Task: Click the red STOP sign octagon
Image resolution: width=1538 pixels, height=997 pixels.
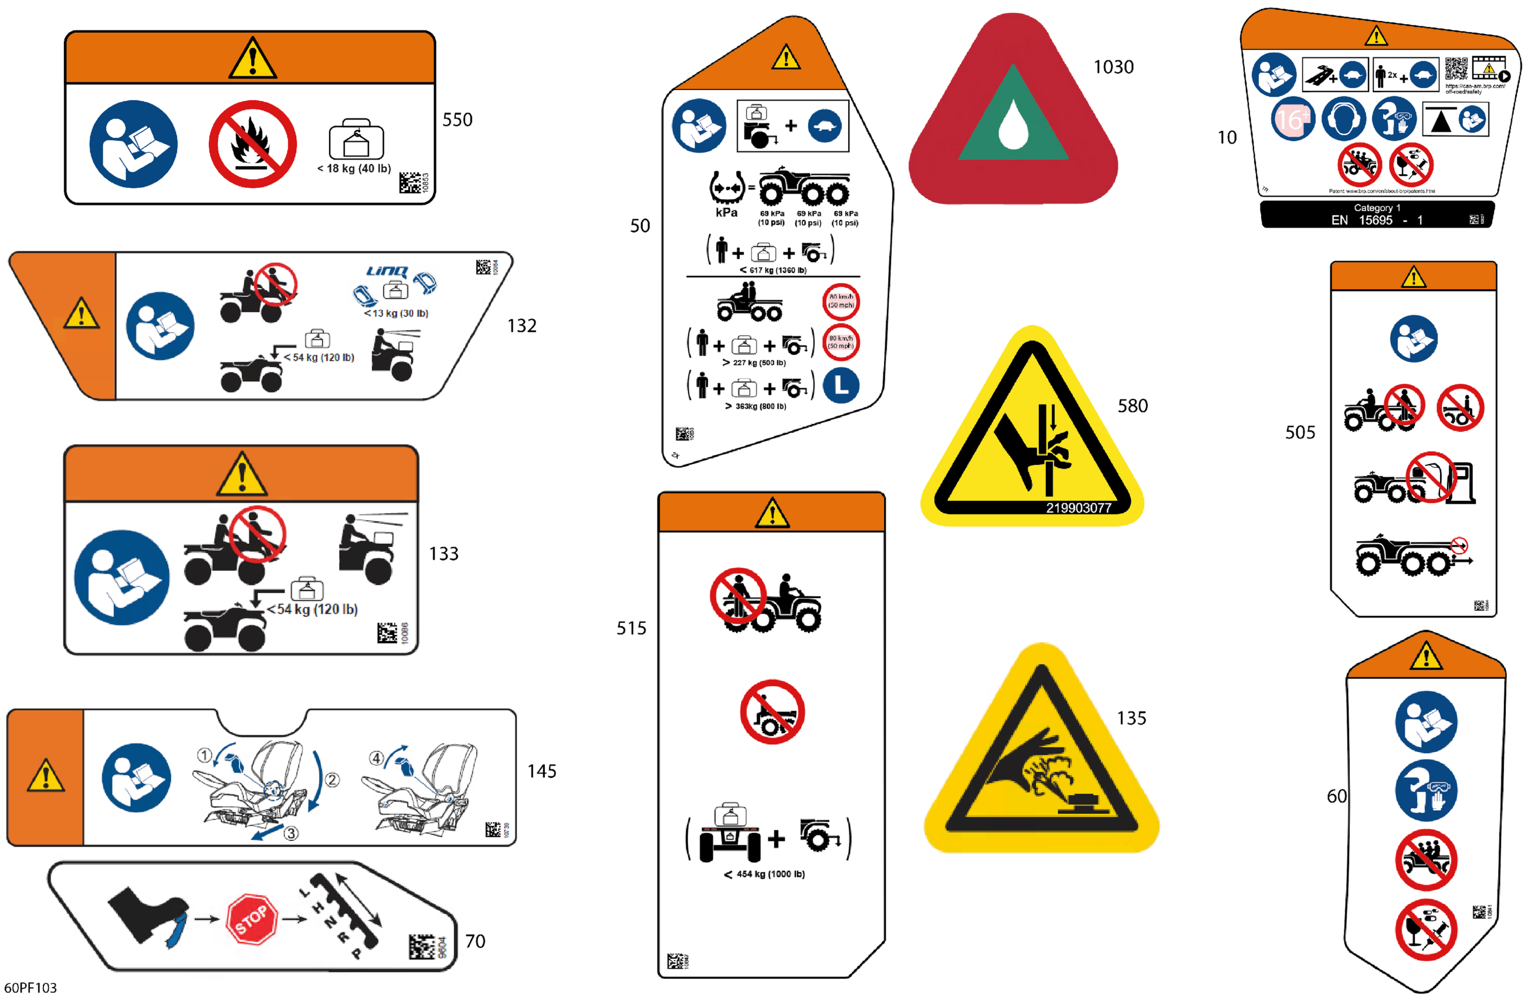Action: pyautogui.click(x=252, y=919)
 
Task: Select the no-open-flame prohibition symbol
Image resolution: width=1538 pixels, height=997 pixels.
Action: pyautogui.click(x=252, y=144)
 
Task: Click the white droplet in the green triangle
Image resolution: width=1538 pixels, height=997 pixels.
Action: pyautogui.click(x=1012, y=125)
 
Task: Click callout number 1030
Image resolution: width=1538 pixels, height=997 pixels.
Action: pyautogui.click(x=1113, y=67)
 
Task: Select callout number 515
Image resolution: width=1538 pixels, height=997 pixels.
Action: pyautogui.click(x=631, y=628)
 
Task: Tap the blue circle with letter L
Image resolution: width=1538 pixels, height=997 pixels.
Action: pyautogui.click(x=841, y=386)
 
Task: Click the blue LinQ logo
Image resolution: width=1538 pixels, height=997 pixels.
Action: pyautogui.click(x=387, y=271)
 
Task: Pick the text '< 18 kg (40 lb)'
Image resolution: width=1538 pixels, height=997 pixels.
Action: pyautogui.click(x=354, y=169)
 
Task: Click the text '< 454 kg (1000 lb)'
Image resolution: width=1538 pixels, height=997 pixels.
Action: pyautogui.click(x=764, y=874)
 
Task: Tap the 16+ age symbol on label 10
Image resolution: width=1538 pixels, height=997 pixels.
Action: pyautogui.click(x=1292, y=119)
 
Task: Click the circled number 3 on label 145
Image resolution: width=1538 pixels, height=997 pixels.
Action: pyautogui.click(x=292, y=833)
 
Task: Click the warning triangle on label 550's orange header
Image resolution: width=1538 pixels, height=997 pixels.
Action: pyautogui.click(x=252, y=58)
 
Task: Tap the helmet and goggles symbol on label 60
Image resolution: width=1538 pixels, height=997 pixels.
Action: pyautogui.click(x=1425, y=790)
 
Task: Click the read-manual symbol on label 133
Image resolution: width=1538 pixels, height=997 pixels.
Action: pyautogui.click(x=121, y=578)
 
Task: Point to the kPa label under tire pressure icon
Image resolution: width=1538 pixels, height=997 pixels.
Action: pyautogui.click(x=726, y=212)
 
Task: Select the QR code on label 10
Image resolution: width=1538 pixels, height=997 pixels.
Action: pyautogui.click(x=1456, y=69)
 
